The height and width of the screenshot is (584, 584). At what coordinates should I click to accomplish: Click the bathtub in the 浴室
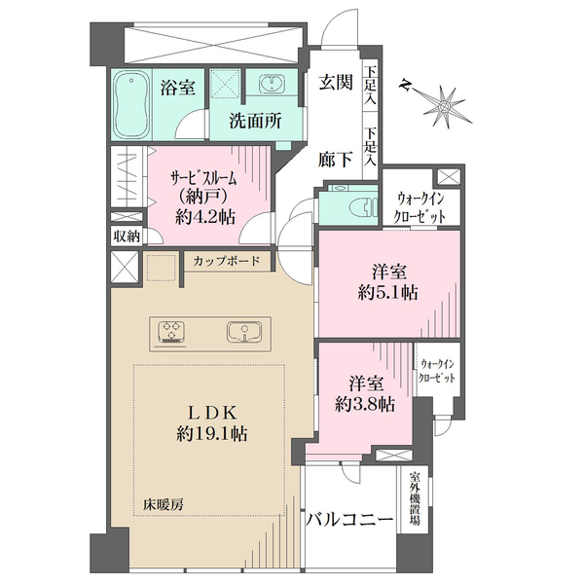(131, 105)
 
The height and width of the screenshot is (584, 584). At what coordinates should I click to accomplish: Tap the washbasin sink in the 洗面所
(273, 83)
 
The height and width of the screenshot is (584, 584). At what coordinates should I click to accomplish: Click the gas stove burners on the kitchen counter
(172, 331)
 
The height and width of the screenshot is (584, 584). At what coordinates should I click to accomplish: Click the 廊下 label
(336, 160)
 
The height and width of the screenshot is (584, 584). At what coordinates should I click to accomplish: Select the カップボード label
(227, 261)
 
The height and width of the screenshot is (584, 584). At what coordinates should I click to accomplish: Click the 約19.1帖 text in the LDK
(211, 434)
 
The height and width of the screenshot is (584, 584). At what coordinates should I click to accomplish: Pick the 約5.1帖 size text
(387, 293)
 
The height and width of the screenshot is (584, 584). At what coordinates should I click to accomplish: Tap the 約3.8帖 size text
(365, 403)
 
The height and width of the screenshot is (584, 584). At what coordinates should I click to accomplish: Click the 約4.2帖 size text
(205, 216)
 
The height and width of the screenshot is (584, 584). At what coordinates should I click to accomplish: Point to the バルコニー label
(349, 520)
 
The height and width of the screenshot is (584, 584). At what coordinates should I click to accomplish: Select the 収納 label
(127, 237)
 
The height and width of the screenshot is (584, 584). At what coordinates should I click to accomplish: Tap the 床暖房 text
(164, 504)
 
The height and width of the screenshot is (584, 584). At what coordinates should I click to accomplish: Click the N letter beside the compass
(404, 87)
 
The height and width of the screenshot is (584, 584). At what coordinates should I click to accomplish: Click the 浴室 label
(177, 88)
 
